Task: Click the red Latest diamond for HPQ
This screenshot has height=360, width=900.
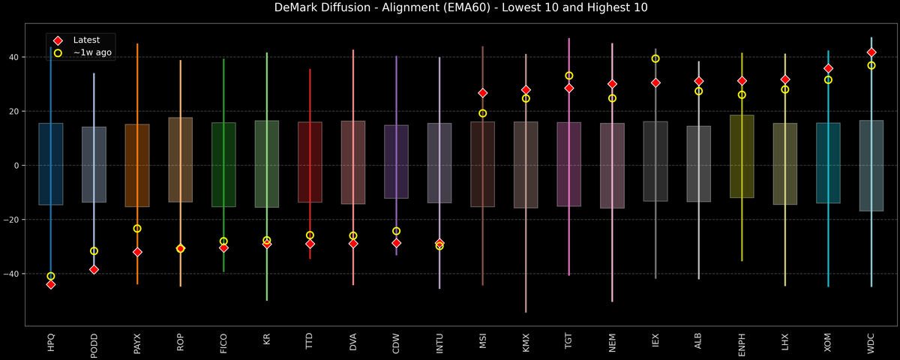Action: pos(50,284)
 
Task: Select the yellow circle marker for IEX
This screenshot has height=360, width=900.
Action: pos(655,58)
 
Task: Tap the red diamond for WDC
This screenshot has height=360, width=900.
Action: pos(871,52)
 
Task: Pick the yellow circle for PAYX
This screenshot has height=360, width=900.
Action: pos(137,229)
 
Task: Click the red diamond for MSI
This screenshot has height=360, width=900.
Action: pos(483,93)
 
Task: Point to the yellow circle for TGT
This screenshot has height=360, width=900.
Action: pos(569,76)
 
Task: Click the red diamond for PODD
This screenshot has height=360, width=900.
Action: pos(94,269)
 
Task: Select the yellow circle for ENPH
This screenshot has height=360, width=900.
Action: pos(742,94)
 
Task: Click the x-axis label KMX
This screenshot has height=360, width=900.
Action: pos(526,342)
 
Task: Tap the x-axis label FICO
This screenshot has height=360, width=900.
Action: pos(223,341)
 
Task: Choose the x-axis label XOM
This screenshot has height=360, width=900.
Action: pos(828,342)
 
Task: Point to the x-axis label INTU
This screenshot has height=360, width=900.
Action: pos(439,341)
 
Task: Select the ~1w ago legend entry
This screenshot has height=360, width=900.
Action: pos(92,52)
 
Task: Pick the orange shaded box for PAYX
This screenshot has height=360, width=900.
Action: pos(137,165)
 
